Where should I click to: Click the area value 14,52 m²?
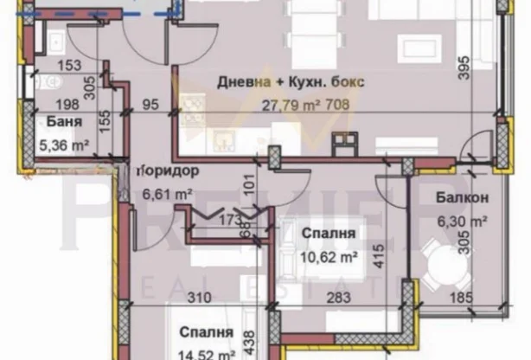point(208,353)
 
